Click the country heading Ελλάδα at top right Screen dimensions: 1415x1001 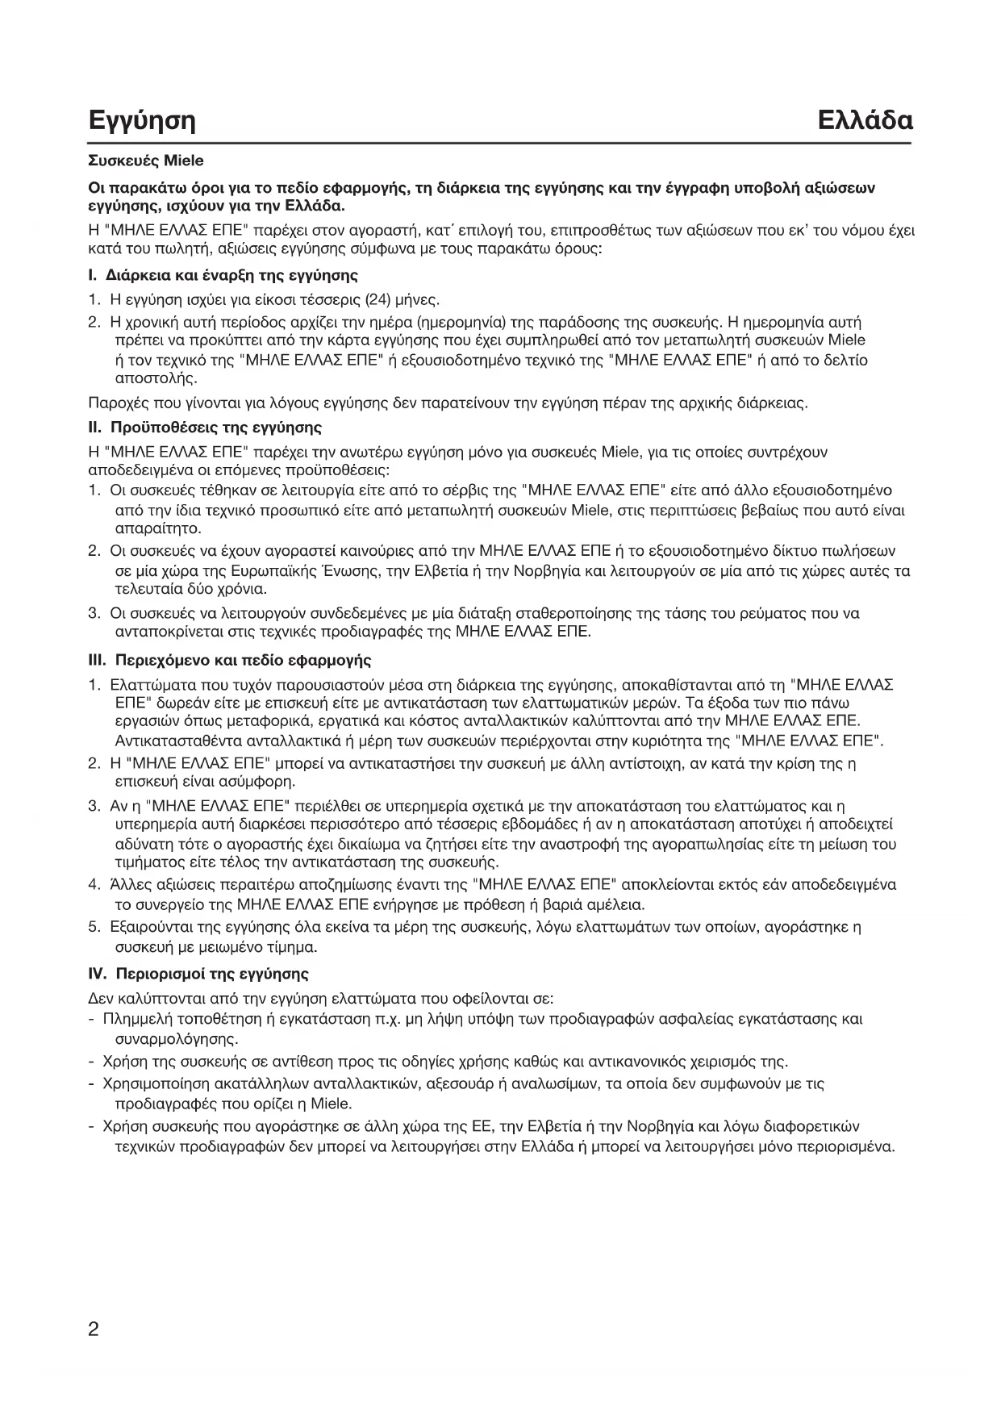point(864,120)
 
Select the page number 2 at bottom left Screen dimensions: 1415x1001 point(94,1329)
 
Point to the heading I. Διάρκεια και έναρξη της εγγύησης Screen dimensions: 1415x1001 point(223,276)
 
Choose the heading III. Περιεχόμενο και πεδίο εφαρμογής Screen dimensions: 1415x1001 point(229,661)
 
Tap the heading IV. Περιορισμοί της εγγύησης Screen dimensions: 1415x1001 point(198,974)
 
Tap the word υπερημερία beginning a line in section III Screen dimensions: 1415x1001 point(151,824)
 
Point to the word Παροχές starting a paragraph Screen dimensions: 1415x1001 point(115,402)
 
